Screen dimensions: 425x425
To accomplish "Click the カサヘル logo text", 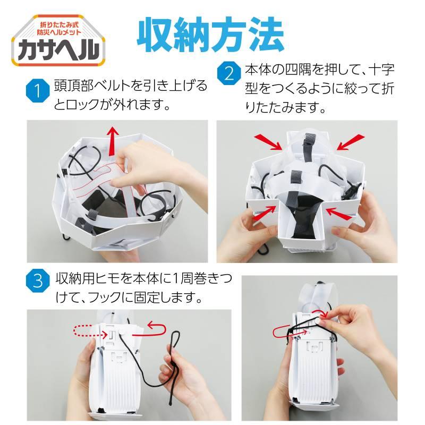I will tap(58, 49).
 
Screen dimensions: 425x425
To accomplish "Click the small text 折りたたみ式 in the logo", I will tap(60, 25).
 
